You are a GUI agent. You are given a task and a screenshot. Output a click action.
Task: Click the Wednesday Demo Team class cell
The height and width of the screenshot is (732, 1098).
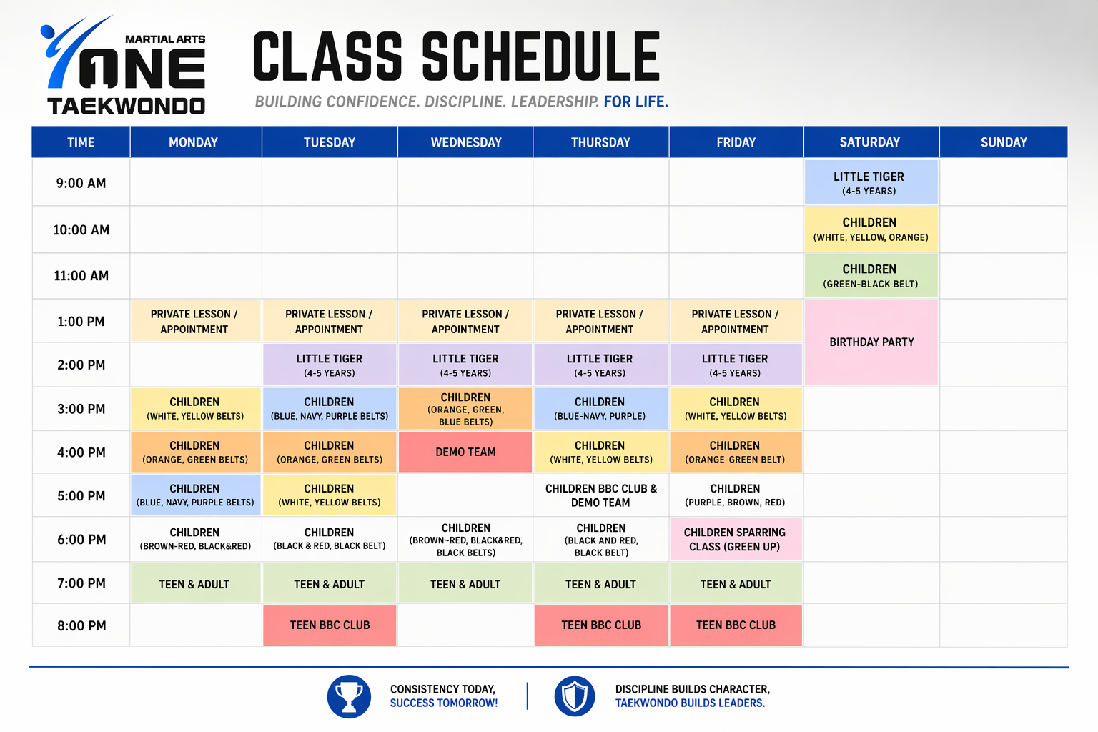[465, 452]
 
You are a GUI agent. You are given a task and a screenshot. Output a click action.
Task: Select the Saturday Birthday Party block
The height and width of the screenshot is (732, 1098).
[871, 342]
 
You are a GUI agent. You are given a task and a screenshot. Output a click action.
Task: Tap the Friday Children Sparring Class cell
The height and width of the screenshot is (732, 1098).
[735, 540]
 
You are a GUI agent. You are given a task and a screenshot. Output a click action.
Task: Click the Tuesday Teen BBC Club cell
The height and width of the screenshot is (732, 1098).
[330, 625]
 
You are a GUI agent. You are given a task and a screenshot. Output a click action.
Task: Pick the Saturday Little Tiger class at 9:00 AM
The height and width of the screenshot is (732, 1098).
[869, 183]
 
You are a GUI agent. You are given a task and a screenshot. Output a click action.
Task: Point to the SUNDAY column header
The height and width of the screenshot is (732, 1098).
[1003, 142]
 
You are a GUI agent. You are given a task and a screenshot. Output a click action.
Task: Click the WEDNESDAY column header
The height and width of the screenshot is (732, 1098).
[465, 142]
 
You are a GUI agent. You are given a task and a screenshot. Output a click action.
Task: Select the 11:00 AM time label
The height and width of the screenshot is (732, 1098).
[81, 276]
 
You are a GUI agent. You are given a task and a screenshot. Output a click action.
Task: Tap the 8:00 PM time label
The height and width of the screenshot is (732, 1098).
[81, 625]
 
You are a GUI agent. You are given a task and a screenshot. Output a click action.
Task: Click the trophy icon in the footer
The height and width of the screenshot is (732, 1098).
[349, 696]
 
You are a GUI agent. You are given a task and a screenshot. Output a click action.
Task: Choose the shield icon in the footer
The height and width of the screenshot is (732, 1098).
[575, 696]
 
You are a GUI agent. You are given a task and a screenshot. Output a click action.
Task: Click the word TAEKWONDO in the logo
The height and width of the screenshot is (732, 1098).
[126, 107]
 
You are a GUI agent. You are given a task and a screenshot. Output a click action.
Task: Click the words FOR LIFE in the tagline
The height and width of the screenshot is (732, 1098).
[635, 102]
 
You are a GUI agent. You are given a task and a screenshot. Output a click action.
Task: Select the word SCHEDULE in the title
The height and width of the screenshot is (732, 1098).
[540, 57]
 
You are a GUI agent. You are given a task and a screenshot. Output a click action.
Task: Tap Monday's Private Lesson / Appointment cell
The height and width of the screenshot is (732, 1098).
[194, 322]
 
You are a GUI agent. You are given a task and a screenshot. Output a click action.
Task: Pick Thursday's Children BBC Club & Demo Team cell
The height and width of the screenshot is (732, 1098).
[600, 495]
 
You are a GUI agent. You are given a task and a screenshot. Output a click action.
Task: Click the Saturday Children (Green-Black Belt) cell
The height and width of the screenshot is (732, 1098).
[870, 276]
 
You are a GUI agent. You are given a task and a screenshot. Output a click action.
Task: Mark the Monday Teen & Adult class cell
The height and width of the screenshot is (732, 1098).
[194, 584]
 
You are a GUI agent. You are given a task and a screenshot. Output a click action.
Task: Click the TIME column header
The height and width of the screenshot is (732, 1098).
[81, 142]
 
